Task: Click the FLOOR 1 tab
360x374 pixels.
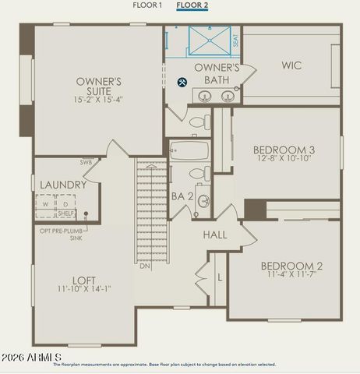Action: pyautogui.click(x=147, y=5)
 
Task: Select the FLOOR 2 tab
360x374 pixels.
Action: pyautogui.click(x=192, y=5)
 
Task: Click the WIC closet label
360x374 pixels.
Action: pyautogui.click(x=291, y=65)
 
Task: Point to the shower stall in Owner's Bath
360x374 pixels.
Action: pyautogui.click(x=208, y=41)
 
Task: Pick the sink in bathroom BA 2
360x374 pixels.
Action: pyautogui.click(x=203, y=201)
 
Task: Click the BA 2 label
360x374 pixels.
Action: pyautogui.click(x=182, y=196)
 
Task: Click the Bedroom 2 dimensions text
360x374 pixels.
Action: pyautogui.click(x=292, y=274)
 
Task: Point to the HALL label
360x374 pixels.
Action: pyautogui.click(x=215, y=235)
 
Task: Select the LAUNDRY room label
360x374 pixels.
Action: pyautogui.click(x=64, y=185)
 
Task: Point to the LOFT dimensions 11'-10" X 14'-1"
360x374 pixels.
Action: pyautogui.click(x=85, y=288)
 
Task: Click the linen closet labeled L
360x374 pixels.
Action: pyautogui.click(x=221, y=277)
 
